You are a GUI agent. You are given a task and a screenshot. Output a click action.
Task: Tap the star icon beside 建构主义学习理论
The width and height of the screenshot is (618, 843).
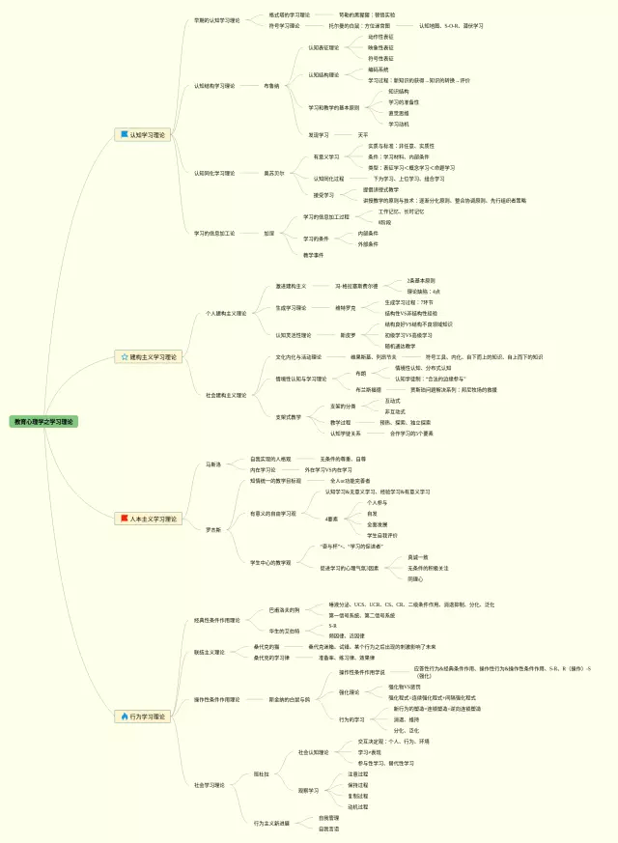click(x=125, y=357)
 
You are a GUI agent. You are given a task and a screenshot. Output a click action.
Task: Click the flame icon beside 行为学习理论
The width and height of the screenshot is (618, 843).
click(x=124, y=717)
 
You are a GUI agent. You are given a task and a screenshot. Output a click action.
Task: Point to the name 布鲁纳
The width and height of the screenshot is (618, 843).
click(x=271, y=86)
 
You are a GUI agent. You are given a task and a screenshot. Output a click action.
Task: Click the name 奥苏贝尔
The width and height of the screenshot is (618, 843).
click(x=275, y=173)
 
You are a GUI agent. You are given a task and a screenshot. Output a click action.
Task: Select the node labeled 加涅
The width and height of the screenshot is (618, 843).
click(x=269, y=233)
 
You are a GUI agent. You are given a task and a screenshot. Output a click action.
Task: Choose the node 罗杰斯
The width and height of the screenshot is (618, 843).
click(x=212, y=529)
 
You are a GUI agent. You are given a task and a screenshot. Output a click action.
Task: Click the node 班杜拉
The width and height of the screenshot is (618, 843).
click(x=261, y=774)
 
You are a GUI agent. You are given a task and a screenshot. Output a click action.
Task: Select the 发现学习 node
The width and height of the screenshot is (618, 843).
click(x=319, y=135)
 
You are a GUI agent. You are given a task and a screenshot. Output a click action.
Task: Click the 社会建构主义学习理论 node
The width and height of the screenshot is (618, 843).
click(x=226, y=395)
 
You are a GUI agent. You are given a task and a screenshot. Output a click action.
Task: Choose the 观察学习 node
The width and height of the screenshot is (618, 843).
click(x=308, y=790)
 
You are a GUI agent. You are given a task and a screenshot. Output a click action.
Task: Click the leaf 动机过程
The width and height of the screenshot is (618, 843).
click(x=357, y=806)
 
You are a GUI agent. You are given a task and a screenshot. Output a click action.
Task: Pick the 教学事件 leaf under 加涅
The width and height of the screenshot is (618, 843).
click(x=313, y=255)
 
